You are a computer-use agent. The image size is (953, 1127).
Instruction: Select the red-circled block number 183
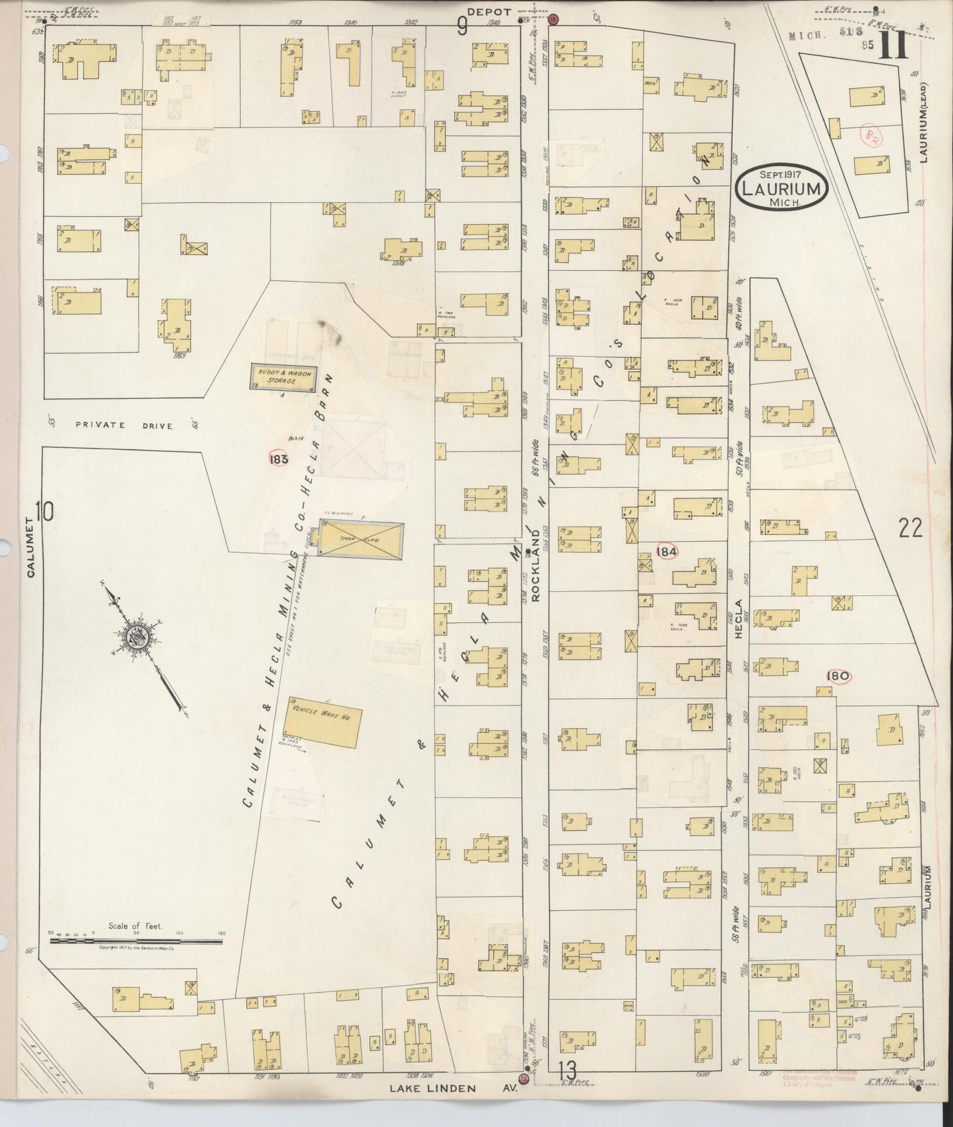tap(279, 459)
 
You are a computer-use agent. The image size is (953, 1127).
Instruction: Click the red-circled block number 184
tap(667, 551)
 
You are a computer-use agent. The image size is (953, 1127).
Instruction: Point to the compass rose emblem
tap(139, 637)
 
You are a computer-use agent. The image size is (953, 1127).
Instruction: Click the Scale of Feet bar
tap(135, 941)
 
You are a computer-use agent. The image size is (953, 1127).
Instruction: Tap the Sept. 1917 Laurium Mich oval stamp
tap(782, 188)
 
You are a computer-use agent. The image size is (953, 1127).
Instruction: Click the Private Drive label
tap(124, 426)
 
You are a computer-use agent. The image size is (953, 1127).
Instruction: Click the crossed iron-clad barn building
tap(361, 539)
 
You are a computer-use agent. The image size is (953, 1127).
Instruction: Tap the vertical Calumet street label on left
tap(30, 547)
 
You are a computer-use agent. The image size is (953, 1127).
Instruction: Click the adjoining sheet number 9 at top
tap(462, 26)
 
